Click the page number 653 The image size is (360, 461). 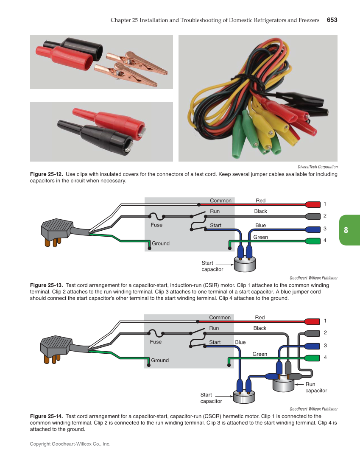click(332, 20)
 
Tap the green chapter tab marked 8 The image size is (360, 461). click(349, 230)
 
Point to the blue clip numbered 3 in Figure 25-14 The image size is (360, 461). click(312, 346)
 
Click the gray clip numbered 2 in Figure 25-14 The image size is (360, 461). click(312, 332)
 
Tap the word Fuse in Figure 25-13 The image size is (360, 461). click(156, 225)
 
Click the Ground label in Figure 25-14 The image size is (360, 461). click(160, 360)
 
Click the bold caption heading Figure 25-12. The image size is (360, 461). click(46, 174)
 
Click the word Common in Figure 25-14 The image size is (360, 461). click(220, 318)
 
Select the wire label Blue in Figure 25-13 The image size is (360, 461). click(260, 226)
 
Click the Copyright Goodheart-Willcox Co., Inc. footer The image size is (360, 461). click(70, 444)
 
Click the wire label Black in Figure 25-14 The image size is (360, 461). click(260, 328)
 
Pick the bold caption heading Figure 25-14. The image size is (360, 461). click(46, 416)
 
